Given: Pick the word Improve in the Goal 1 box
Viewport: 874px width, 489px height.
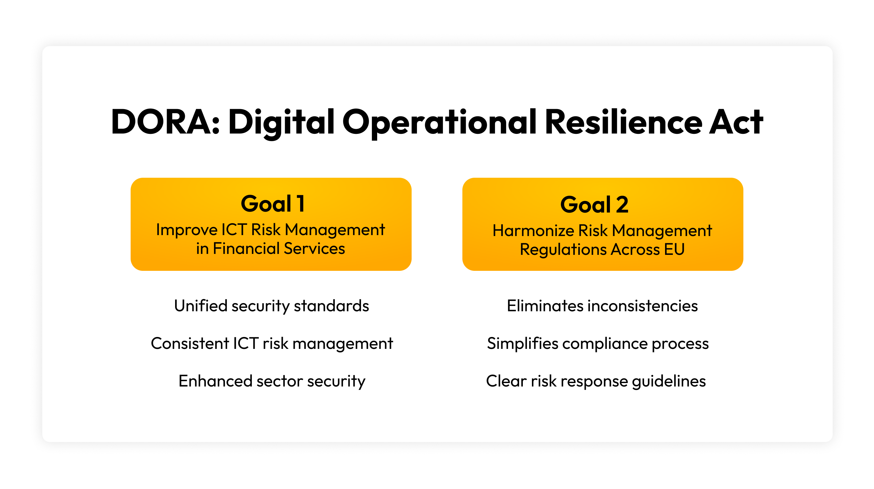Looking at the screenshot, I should point(187,230).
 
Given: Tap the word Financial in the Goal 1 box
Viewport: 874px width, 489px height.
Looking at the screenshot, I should point(246,249).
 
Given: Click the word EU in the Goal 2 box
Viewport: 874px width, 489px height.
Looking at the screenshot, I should point(674,250).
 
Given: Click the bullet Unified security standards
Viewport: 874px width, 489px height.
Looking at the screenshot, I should point(271,306).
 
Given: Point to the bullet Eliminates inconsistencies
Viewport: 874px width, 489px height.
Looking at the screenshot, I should point(602,306).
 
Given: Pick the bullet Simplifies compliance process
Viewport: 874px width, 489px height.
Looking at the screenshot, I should point(598,344).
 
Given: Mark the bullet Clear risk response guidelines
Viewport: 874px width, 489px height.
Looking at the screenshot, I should point(596,381).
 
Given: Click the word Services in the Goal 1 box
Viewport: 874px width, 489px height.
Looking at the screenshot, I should point(314,249).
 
